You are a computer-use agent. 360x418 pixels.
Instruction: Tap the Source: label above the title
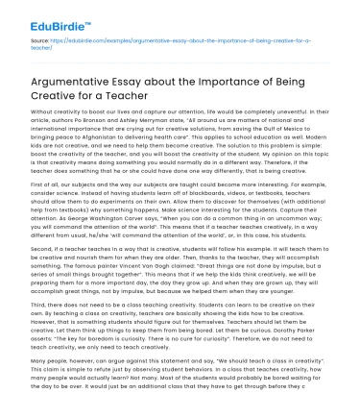pyautogui.click(x=40, y=44)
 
